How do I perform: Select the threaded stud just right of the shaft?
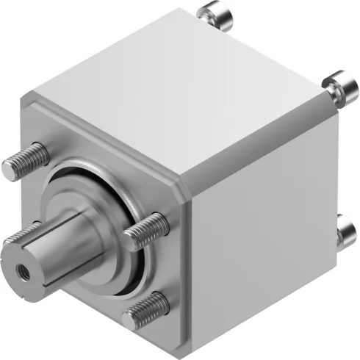click(x=146, y=231)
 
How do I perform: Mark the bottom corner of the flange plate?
click(x=176, y=341)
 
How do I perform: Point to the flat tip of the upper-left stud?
click(x=7, y=169)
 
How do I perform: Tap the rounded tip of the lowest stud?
click(x=130, y=319)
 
